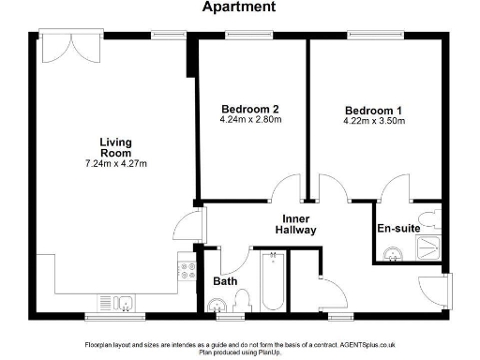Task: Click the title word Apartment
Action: coord(240,7)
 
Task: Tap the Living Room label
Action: coord(116,147)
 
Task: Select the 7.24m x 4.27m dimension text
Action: coord(116,164)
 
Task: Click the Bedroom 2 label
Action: coord(250,107)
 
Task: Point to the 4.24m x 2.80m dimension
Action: coord(250,119)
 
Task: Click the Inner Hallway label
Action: coord(295,223)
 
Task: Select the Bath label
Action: coord(224,280)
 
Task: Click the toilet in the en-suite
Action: coord(427,220)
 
